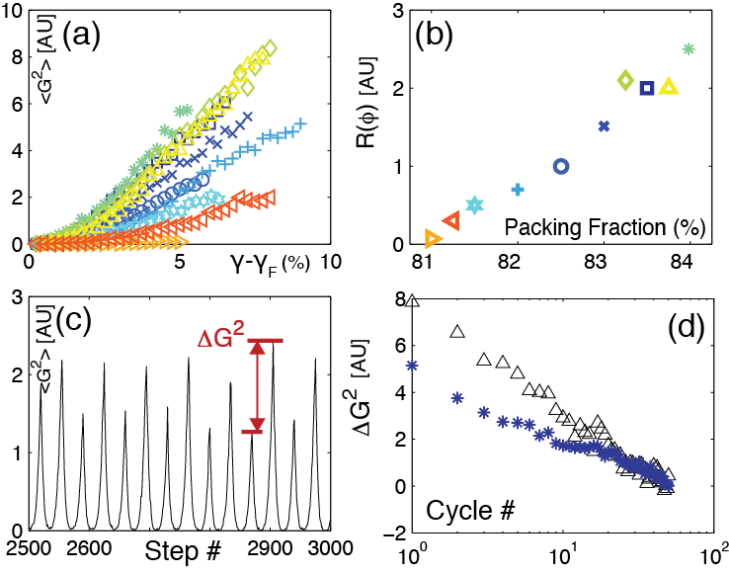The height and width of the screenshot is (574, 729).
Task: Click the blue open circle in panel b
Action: pos(561,166)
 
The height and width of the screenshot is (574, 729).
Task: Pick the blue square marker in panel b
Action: pos(647,88)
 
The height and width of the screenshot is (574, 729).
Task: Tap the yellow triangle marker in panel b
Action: pos(669,88)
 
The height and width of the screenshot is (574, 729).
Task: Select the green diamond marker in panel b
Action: pos(624,80)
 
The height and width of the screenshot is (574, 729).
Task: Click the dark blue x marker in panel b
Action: pos(605,126)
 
